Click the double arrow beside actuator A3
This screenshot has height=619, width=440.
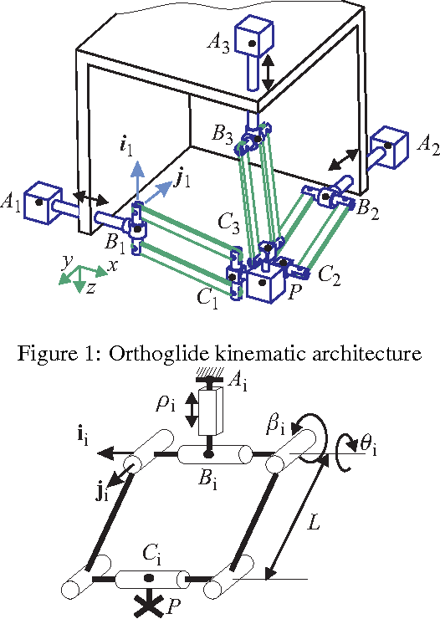(x=268, y=74)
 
